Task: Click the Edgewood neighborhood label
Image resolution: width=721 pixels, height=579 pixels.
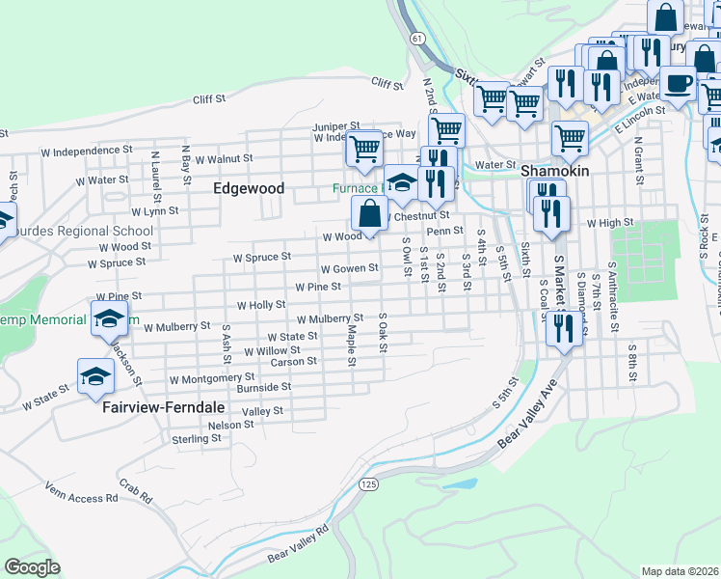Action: (x=249, y=188)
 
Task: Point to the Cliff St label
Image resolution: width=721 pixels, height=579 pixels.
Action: (x=208, y=98)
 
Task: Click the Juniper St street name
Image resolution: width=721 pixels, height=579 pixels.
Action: (x=335, y=126)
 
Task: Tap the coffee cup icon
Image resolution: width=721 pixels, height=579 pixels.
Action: (x=678, y=84)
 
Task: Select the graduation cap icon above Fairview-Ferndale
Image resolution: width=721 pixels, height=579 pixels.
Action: (x=96, y=377)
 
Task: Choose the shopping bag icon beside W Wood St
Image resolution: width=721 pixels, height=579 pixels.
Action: (x=369, y=213)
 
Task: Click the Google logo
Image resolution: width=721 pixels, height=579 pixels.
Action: (x=32, y=567)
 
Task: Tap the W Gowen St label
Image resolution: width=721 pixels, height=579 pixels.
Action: (x=349, y=269)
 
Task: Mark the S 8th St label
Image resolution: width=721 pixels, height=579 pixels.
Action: (x=632, y=359)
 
